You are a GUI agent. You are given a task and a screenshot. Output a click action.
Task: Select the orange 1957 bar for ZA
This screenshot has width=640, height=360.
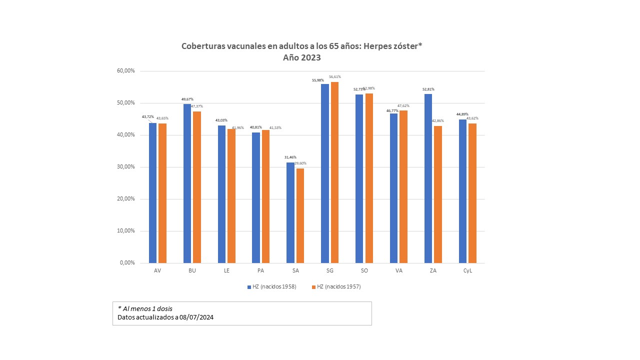(438, 194)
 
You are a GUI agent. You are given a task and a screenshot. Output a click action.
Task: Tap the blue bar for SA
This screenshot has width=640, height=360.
(290, 212)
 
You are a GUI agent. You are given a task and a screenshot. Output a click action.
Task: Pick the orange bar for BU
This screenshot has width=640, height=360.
(197, 187)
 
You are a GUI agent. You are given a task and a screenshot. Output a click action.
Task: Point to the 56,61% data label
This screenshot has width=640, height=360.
(334, 77)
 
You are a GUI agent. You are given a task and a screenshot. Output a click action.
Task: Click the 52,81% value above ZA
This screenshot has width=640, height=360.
(428, 89)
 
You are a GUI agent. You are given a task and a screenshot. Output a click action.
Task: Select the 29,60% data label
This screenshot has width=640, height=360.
(300, 163)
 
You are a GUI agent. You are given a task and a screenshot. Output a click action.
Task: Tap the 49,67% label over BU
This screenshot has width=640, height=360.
(187, 99)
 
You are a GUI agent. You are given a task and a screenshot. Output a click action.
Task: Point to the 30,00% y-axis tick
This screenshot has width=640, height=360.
(125, 167)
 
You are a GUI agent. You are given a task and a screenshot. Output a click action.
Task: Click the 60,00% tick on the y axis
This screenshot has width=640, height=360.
(125, 71)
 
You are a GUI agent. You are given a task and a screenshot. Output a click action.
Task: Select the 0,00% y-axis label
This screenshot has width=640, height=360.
(127, 263)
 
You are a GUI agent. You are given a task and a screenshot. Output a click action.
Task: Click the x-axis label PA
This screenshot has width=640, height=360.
(260, 270)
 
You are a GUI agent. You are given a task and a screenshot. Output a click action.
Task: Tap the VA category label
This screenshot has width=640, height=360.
(398, 270)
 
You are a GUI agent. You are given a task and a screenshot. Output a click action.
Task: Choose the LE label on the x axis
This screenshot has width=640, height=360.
(226, 270)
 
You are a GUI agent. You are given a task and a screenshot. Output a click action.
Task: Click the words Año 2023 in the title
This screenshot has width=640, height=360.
(301, 57)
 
